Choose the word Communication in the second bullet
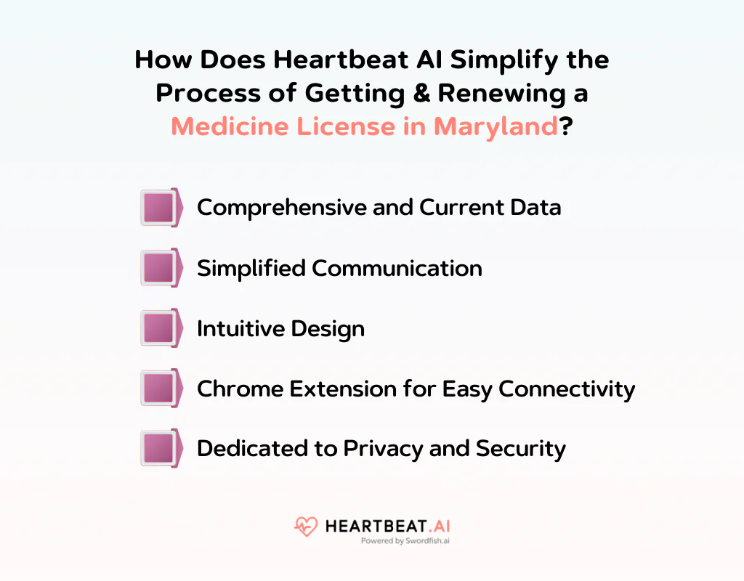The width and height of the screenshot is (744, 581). [397, 268]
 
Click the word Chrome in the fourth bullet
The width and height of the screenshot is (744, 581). [240, 389]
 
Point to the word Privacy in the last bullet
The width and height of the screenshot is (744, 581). [384, 448]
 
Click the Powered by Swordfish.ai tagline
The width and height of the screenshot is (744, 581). [405, 541]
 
